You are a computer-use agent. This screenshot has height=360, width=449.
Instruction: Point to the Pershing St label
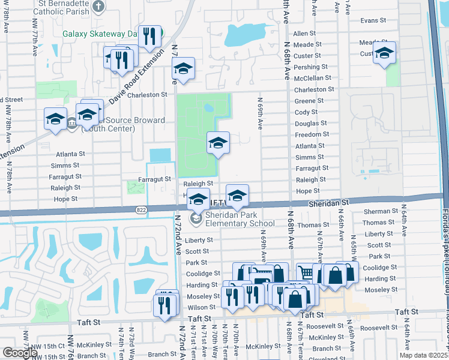[x=308, y=67]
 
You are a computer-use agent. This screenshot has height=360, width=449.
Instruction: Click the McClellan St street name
[x=312, y=78]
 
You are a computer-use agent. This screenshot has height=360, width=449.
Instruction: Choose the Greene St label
[x=306, y=101]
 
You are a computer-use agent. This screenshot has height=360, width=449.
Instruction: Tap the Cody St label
[x=306, y=112]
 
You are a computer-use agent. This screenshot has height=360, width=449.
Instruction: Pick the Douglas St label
[x=310, y=123]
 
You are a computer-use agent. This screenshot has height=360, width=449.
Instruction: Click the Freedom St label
[x=310, y=134]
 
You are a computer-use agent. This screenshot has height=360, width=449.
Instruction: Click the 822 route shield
[x=140, y=209]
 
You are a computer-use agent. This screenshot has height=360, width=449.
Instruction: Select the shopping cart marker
[x=306, y=273]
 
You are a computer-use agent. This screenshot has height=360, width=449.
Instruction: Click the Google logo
[x=19, y=353]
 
